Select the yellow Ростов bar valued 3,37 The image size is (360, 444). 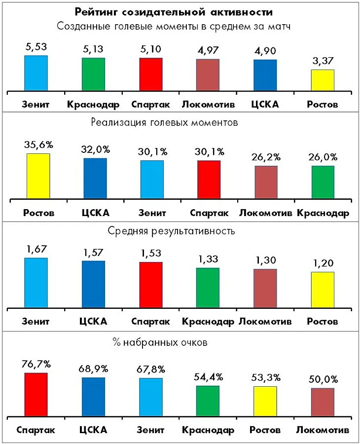(x=323, y=80)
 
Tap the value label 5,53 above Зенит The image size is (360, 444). (x=36, y=47)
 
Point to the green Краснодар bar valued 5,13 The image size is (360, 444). (x=93, y=74)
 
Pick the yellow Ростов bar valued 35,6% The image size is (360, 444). (x=38, y=177)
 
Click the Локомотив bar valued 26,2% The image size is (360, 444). (x=266, y=183)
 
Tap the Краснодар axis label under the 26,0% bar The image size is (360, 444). (x=323, y=214)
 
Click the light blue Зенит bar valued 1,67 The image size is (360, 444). (x=36, y=283)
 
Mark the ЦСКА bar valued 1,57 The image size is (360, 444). (x=93, y=284)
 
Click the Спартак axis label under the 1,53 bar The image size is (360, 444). (x=150, y=322)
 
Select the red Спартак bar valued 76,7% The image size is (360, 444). (x=36, y=394)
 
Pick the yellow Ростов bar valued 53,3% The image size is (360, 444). (x=265, y=401)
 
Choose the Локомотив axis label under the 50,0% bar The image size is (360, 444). (x=323, y=430)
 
